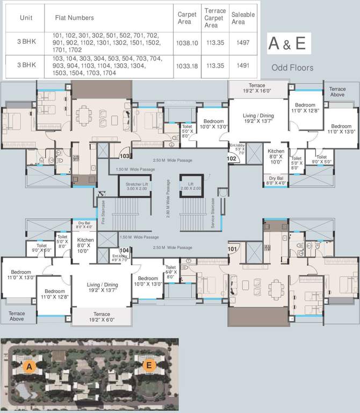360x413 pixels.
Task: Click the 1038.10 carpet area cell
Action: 187,43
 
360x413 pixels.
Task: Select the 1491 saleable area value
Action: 243,66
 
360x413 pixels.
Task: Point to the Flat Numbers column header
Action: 74,18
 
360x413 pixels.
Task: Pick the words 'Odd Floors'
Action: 292,68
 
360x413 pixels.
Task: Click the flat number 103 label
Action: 125,156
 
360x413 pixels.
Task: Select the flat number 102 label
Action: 232,159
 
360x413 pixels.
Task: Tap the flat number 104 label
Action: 124,250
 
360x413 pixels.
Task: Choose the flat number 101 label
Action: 232,249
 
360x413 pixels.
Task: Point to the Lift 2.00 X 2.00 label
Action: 190,186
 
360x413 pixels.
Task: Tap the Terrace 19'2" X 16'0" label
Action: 257,88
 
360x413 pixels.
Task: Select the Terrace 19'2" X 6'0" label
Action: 102,317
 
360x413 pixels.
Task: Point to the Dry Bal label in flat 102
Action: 276,181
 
